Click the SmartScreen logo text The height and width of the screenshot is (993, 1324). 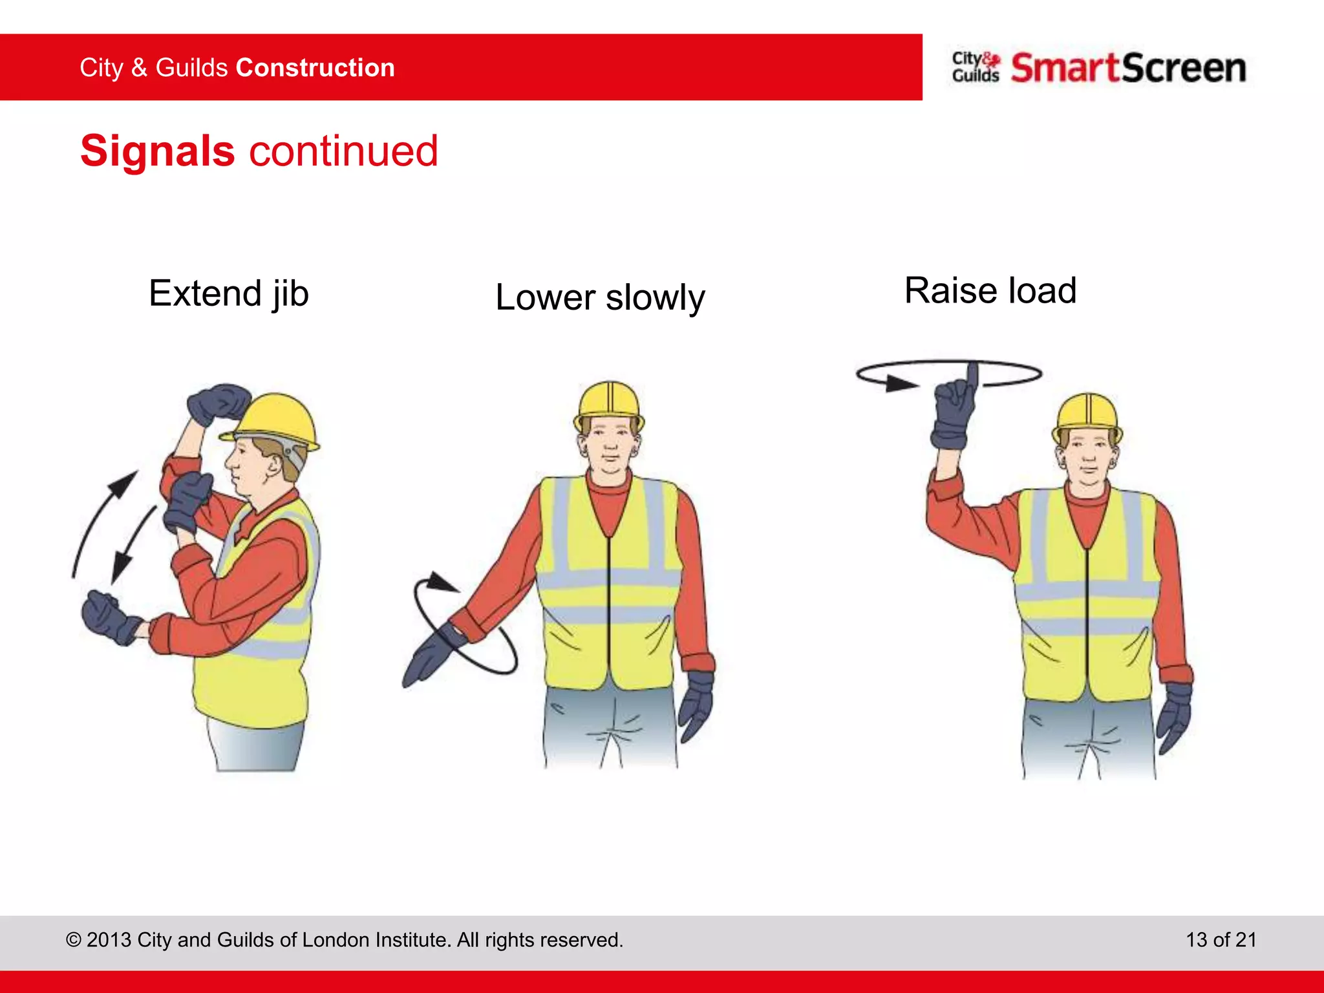pyautogui.click(x=1128, y=69)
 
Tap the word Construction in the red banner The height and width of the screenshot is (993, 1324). pyautogui.click(x=315, y=68)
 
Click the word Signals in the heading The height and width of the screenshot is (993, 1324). pyautogui.click(x=157, y=151)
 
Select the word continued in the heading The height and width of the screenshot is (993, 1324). pyautogui.click(x=343, y=151)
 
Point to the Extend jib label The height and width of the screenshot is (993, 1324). pyautogui.click(x=229, y=294)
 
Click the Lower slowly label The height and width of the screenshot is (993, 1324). pyautogui.click(x=600, y=297)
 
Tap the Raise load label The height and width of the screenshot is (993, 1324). pyautogui.click(x=990, y=290)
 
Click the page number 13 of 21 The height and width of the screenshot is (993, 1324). pyautogui.click(x=1221, y=939)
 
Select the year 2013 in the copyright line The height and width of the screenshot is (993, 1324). pyautogui.click(x=109, y=939)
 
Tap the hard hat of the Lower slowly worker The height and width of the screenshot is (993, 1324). pyautogui.click(x=609, y=401)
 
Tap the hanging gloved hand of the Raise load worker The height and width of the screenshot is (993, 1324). pyautogui.click(x=1173, y=716)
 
